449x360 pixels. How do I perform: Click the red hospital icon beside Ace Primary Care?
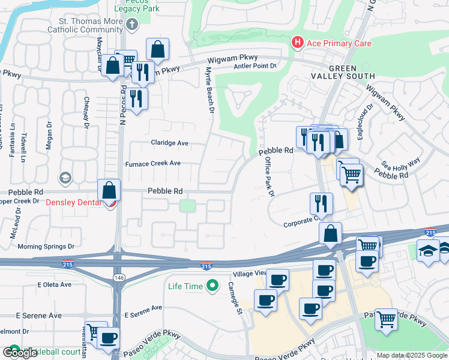pyautogui.click(x=297, y=43)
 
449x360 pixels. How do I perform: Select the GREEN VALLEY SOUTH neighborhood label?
pyautogui.click(x=343, y=72)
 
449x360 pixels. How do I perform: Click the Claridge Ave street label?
pyautogui.click(x=169, y=143)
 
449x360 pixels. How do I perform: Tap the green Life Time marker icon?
pyautogui.click(x=211, y=286)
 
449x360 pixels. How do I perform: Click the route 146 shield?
pyautogui.click(x=118, y=277)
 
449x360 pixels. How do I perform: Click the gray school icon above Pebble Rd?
pyautogui.click(x=65, y=178)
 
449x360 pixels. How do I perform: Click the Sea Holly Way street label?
pyautogui.click(x=402, y=163)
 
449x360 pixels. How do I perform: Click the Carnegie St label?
pyautogui.click(x=238, y=299)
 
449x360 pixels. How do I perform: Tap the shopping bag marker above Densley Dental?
pyautogui.click(x=109, y=190)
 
